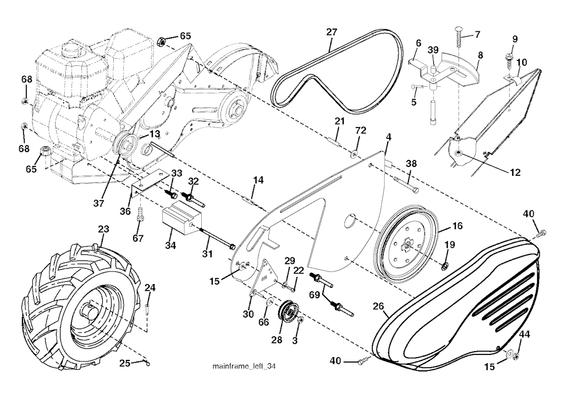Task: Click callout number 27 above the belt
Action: pos(331,32)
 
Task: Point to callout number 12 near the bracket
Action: pos(515,172)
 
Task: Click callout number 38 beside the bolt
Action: pos(411,163)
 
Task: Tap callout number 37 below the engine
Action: pos(98,203)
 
